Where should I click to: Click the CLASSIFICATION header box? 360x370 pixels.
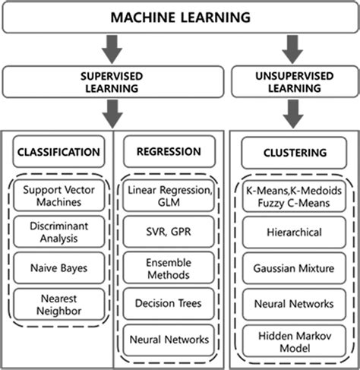[57, 152]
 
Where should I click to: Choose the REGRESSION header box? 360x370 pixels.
[168, 152]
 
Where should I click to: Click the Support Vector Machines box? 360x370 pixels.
[57, 195]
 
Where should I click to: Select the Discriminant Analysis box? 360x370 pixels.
[57, 232]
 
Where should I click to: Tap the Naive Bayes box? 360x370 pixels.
[57, 268]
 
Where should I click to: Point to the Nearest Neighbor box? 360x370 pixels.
[57, 304]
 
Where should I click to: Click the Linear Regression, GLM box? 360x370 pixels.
[168, 194]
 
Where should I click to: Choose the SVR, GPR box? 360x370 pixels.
[168, 231]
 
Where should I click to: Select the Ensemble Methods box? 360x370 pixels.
[168, 267]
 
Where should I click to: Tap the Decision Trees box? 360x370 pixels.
[168, 302]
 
